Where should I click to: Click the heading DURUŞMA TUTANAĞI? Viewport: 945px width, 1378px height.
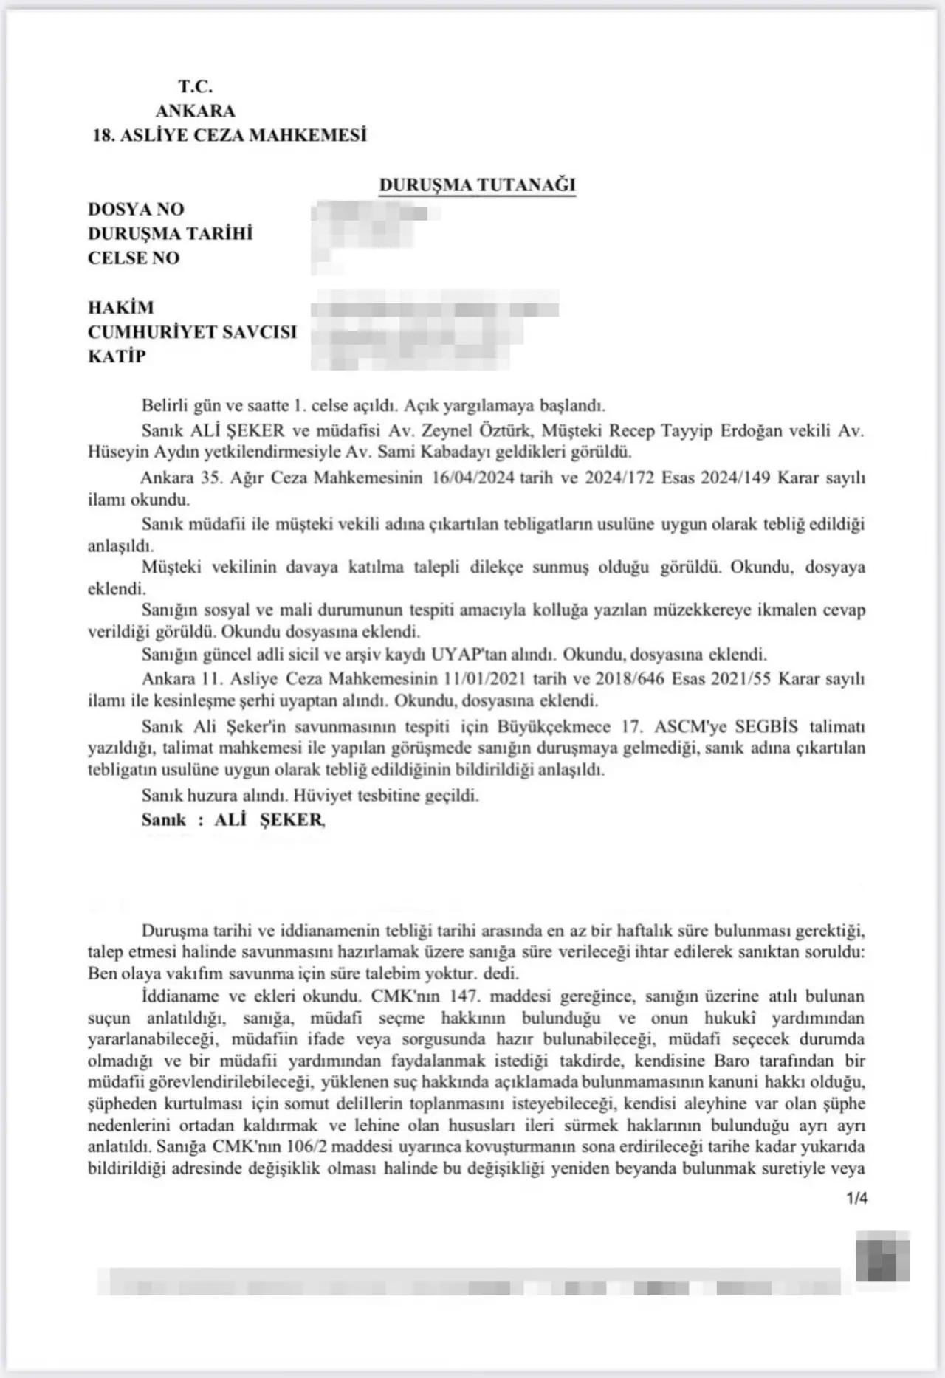[477, 185]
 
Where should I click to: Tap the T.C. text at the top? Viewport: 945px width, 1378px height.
[195, 87]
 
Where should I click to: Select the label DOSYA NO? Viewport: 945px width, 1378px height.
[136, 210]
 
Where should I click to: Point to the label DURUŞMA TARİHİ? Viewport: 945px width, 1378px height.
[170, 234]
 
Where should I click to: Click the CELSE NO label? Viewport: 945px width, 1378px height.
[134, 258]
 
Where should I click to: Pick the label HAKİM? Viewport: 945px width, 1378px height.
[121, 308]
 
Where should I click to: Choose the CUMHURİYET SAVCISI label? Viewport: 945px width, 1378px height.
[192, 332]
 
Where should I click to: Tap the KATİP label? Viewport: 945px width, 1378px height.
[117, 356]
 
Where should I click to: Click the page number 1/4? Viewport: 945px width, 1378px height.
[857, 1199]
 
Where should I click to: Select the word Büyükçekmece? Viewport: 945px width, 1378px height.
[548, 726]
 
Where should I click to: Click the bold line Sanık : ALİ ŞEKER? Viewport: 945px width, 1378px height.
[233, 820]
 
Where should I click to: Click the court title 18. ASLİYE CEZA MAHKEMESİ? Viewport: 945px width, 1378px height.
[230, 136]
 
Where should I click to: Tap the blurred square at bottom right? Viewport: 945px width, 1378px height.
[882, 1256]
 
